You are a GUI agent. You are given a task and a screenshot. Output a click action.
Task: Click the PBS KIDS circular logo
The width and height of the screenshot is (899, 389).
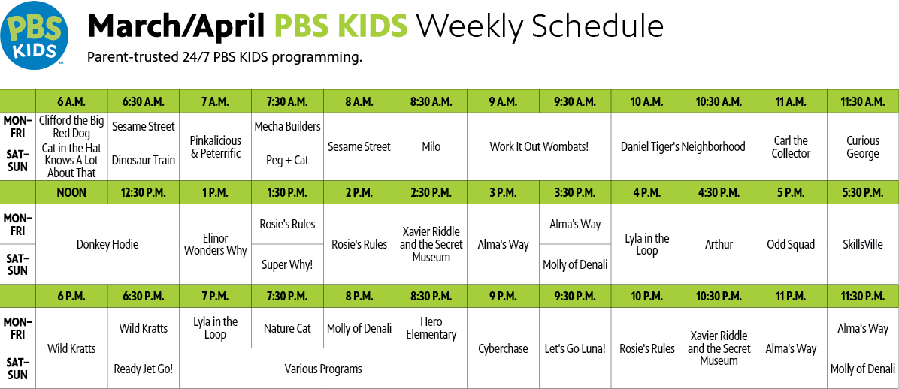34,35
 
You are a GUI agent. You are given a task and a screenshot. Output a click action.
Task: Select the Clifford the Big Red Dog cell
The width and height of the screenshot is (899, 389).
71,126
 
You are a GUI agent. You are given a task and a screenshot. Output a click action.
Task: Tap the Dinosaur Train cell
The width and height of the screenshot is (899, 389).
144,161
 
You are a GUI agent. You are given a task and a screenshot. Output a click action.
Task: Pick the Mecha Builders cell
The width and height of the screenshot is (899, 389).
287,126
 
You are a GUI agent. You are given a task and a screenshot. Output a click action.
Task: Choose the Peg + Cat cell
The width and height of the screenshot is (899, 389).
287,161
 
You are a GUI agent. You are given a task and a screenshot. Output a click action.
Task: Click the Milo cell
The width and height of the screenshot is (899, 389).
431,146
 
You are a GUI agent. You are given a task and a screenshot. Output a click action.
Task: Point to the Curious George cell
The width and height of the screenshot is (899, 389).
863,146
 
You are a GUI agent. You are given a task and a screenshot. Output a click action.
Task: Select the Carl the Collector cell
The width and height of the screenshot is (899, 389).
791,146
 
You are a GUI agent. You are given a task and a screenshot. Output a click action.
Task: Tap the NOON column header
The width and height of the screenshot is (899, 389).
71,192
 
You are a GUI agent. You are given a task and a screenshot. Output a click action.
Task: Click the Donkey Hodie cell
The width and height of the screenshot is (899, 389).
107,244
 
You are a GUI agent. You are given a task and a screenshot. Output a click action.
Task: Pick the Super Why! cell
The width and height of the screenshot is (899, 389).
287,264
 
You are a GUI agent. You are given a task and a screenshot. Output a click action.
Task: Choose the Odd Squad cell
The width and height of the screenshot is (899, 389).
791,244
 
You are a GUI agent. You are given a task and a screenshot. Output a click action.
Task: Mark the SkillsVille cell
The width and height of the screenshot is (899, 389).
863,244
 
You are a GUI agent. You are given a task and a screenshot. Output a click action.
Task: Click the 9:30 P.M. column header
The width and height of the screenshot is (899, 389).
575,296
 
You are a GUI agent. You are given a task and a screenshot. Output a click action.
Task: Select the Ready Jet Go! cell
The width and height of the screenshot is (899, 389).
144,369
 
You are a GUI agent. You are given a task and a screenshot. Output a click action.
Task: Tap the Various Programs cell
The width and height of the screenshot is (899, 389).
323,369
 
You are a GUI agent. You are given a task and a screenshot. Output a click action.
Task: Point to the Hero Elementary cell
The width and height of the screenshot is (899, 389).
431,327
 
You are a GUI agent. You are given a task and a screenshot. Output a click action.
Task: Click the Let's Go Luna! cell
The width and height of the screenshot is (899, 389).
575,348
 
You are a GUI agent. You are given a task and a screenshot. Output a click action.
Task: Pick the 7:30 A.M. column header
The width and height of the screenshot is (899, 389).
287,101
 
